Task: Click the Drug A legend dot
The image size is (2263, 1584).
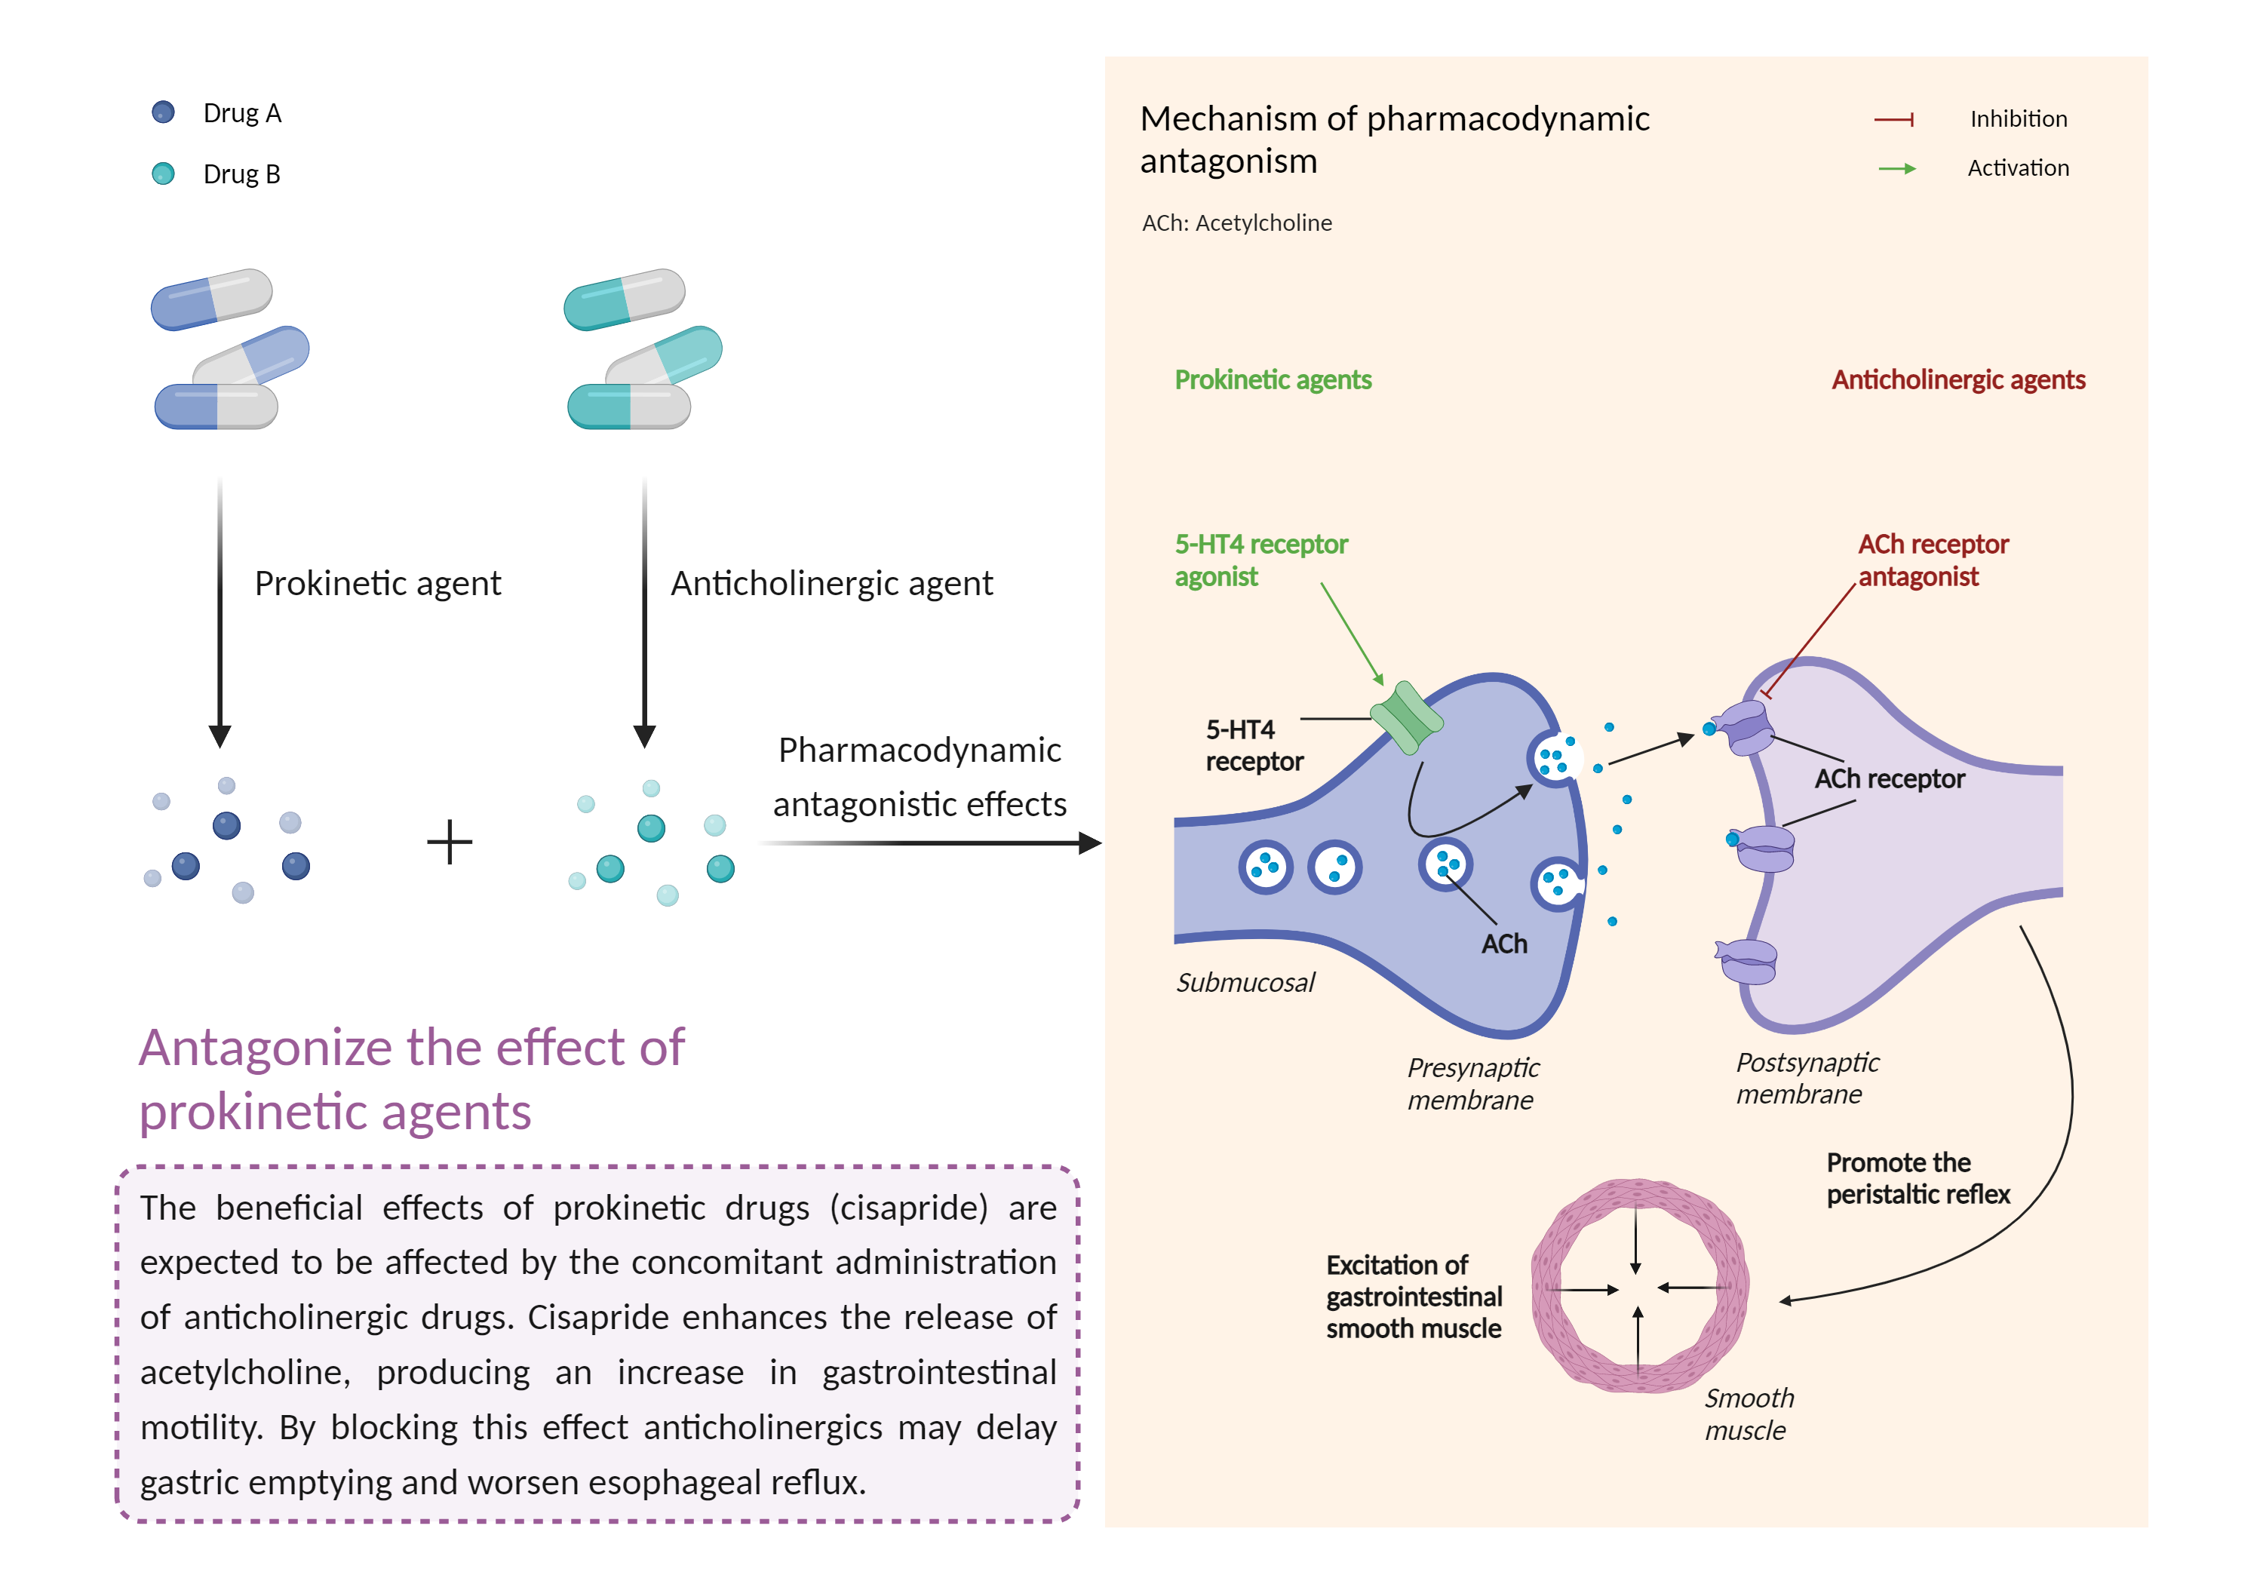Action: coord(164,112)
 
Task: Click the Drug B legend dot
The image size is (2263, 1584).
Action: coord(164,173)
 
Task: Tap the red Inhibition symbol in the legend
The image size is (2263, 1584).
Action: coord(1893,119)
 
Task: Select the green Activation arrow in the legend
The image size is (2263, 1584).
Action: coord(1896,168)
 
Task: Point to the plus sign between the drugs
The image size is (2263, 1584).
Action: coord(450,842)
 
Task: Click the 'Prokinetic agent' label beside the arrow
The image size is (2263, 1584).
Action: coord(377,582)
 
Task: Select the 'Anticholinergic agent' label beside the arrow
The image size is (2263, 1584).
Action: coord(831,582)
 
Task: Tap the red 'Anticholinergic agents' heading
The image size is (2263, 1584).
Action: coord(1957,379)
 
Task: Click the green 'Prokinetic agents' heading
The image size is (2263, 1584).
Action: coord(1273,379)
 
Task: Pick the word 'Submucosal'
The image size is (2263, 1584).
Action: coord(1245,982)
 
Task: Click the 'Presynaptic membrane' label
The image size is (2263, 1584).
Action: coord(1472,1083)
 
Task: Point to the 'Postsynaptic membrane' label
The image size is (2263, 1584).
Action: coord(1807,1079)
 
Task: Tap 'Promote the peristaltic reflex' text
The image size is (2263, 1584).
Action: coord(1917,1178)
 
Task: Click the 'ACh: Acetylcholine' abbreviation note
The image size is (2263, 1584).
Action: coord(1236,223)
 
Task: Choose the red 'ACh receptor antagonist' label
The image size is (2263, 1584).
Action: coord(1932,560)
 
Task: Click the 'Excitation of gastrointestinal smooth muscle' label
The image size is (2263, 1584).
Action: coord(1414,1296)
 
